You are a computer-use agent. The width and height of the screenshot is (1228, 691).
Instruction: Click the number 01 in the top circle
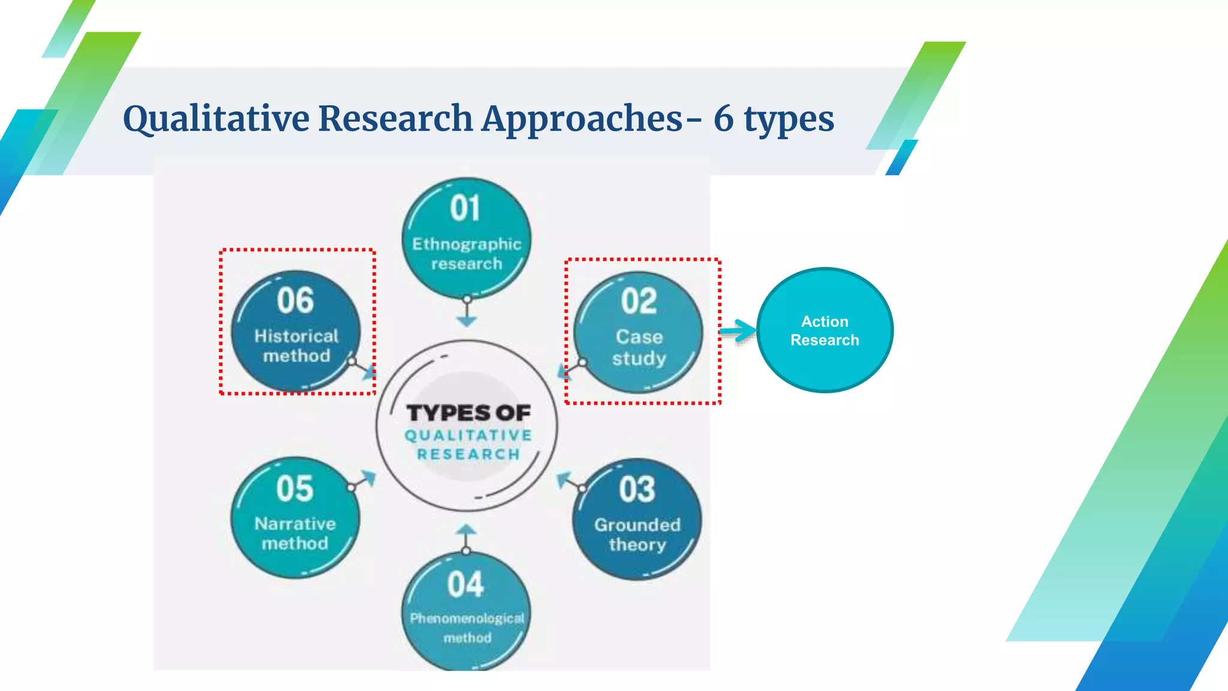pos(465,209)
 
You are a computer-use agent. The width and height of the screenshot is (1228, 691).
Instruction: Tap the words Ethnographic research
pos(466,254)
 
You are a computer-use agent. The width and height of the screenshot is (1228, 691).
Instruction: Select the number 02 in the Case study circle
pos(639,301)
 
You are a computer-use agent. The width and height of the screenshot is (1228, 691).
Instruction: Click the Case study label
pos(639,347)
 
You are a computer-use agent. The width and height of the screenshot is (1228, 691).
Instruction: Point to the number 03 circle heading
pos(637,489)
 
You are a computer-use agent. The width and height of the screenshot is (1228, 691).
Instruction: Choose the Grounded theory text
pos(637,534)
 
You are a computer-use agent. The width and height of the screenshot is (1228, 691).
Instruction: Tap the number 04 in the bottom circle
pos(465,584)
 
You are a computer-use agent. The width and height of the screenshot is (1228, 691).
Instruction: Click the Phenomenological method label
pos(467,627)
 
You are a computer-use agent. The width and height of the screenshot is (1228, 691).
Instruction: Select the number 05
pos(294,489)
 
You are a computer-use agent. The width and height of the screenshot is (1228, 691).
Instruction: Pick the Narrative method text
pos(295,533)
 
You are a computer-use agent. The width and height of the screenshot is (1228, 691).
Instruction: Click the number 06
pos(295,301)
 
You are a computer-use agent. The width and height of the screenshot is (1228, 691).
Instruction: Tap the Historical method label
pos(296,345)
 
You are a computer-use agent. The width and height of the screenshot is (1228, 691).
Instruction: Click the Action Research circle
pos(824,331)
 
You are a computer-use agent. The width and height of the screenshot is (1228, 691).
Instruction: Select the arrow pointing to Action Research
pos(738,331)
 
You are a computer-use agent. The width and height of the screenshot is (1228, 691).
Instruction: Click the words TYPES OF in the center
pos(468,413)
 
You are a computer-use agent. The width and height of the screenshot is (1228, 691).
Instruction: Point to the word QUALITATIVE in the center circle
pos(468,435)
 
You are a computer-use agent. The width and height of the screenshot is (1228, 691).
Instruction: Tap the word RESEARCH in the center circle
pos(468,455)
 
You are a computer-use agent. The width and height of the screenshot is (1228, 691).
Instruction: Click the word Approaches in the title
pos(582,119)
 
